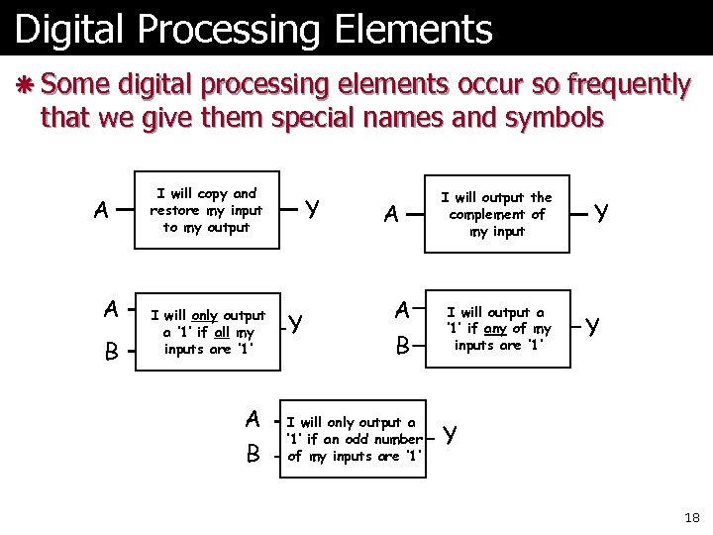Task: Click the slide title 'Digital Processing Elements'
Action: tap(253, 30)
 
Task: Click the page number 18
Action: tap(691, 517)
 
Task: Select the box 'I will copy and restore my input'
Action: tap(205, 210)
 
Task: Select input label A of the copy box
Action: tap(101, 210)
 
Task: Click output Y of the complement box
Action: tap(600, 211)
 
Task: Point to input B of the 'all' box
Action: tap(112, 352)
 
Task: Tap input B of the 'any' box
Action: tap(402, 346)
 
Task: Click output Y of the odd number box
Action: tap(451, 435)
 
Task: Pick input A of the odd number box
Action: tap(254, 420)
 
